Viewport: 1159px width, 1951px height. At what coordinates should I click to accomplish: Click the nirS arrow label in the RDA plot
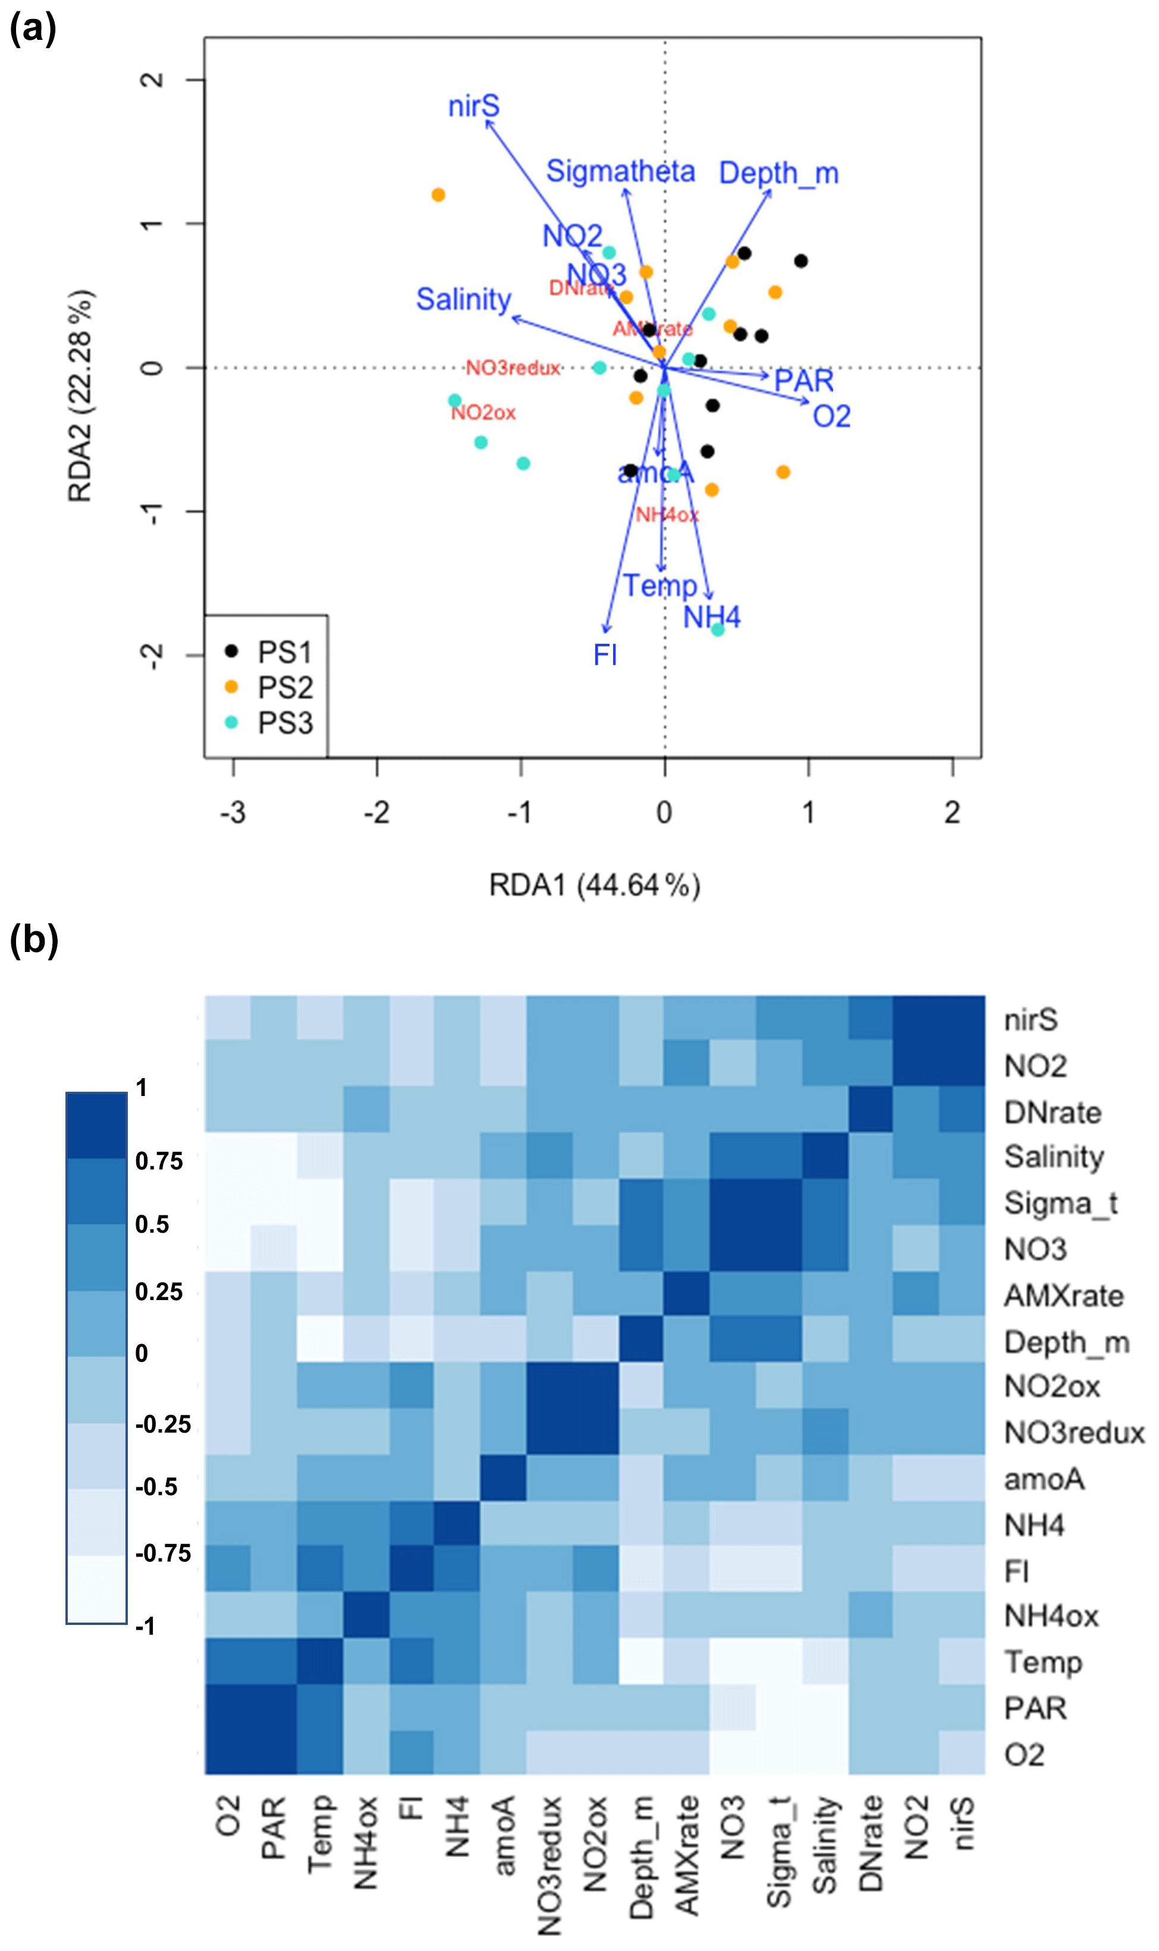[473, 107]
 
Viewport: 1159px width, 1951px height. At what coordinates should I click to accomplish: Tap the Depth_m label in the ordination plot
[778, 173]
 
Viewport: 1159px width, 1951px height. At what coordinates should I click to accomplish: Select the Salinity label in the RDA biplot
[463, 299]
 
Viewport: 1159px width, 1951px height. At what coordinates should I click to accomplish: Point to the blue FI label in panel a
[605, 654]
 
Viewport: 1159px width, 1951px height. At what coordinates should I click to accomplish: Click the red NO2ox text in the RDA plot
[483, 412]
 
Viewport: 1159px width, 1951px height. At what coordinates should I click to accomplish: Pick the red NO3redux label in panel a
[513, 368]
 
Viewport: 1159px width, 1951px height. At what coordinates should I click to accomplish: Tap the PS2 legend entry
[285, 688]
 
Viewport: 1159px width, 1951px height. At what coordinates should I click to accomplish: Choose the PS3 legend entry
[285, 724]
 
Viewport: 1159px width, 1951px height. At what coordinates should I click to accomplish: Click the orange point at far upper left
[438, 195]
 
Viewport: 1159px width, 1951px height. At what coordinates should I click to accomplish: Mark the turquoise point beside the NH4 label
[718, 630]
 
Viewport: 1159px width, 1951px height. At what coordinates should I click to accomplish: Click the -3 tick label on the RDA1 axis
[233, 813]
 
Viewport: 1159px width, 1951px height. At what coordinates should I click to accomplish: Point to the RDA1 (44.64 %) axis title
[594, 885]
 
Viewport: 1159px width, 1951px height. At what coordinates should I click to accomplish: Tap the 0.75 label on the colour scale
[159, 1161]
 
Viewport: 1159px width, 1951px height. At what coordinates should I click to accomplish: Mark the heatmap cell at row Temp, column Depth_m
[641, 1662]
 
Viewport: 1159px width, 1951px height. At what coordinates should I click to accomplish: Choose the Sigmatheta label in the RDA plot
[620, 171]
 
